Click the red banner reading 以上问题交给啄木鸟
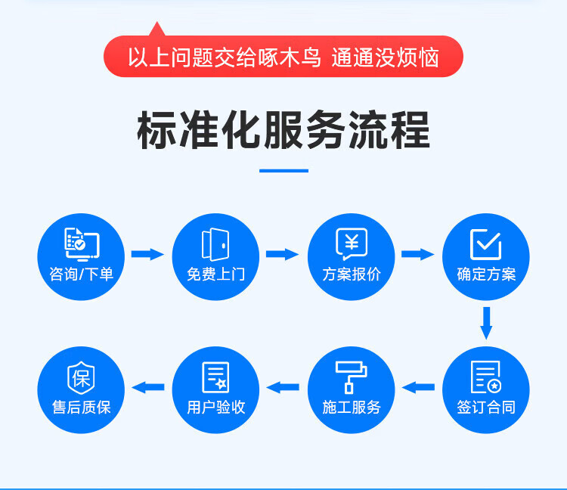click(x=283, y=56)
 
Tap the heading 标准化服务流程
click(x=283, y=130)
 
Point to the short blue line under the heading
click(x=283, y=171)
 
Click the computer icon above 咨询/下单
click(x=82, y=244)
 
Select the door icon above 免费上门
click(x=215, y=244)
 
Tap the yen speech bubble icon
click(x=352, y=243)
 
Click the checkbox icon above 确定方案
click(x=485, y=244)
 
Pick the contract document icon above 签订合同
click(x=486, y=377)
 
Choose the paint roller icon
click(x=351, y=377)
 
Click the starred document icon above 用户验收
click(x=215, y=377)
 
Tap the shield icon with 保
click(x=81, y=377)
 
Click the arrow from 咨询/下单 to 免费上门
click(x=147, y=254)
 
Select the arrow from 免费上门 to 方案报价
click(x=283, y=254)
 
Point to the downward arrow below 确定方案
click(x=486, y=324)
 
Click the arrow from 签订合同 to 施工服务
click(x=418, y=387)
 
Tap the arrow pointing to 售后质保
click(x=148, y=387)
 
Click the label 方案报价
click(x=352, y=274)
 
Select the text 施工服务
click(x=352, y=407)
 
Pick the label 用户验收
click(x=216, y=407)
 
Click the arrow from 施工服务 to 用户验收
click(x=283, y=387)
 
